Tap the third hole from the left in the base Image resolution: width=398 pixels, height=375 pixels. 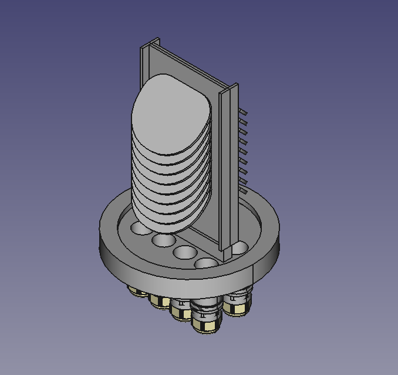click(184, 253)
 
